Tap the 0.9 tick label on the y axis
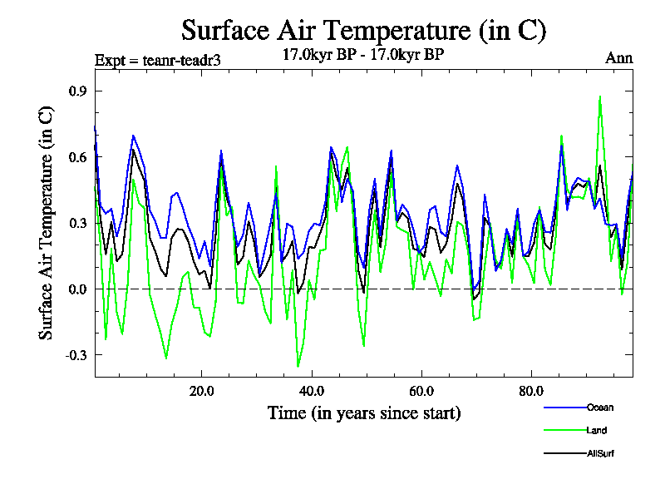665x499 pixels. click(77, 91)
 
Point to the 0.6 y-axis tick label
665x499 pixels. click(77, 156)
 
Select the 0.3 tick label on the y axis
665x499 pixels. click(77, 223)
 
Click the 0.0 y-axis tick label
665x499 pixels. click(77, 289)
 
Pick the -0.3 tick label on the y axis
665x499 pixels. click(76, 355)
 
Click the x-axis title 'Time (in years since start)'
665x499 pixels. click(364, 413)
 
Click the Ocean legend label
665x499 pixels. click(600, 408)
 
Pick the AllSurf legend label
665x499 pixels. click(601, 453)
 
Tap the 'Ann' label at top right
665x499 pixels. click(618, 58)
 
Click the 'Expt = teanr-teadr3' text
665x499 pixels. click(158, 60)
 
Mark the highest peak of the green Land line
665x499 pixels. click(600, 96)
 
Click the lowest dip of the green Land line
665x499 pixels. click(298, 366)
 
